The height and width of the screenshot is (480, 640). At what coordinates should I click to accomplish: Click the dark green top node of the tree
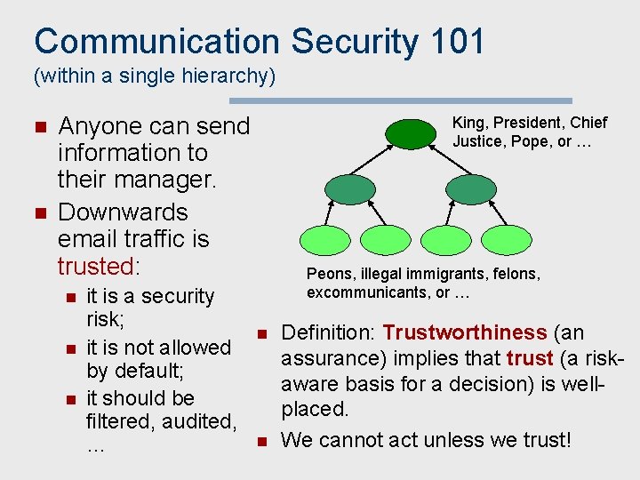[409, 133]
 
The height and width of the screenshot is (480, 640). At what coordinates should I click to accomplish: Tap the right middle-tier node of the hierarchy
[470, 188]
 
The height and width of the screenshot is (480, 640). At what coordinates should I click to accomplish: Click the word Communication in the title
[156, 42]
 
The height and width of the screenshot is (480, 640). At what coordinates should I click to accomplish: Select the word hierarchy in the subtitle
[227, 76]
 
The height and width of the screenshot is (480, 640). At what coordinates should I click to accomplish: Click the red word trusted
[94, 266]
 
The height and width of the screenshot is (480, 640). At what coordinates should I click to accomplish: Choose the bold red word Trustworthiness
[465, 332]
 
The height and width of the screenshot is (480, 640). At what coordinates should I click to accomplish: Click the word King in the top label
[469, 123]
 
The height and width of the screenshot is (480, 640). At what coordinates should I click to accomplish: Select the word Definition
[328, 332]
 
